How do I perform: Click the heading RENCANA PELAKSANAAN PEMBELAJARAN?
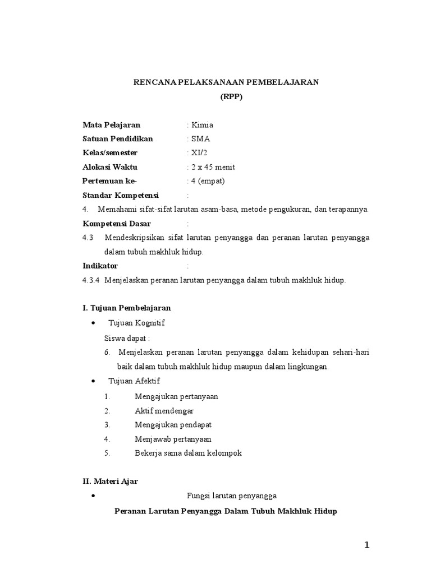click(x=226, y=82)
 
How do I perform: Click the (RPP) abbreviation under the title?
click(x=226, y=96)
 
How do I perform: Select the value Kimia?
click(x=202, y=125)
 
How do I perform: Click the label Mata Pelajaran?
click(x=111, y=125)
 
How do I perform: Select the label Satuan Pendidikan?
click(x=117, y=139)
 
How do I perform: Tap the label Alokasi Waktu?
click(x=109, y=167)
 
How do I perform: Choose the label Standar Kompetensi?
click(x=121, y=196)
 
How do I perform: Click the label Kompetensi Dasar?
click(x=116, y=224)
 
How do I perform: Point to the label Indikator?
click(x=100, y=266)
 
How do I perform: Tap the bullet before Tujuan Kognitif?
click(x=93, y=324)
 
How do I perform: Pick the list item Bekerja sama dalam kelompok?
click(x=188, y=453)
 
